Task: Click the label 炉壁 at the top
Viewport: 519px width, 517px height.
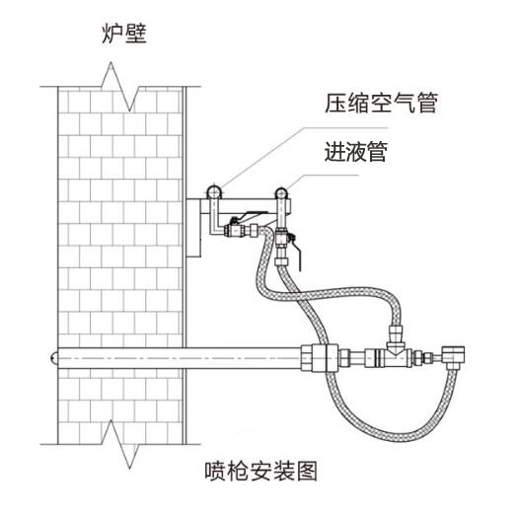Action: pos(124,37)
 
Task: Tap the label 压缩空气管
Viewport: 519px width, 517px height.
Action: pos(380,103)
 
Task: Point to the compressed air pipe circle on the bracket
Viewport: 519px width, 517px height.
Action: pos(214,188)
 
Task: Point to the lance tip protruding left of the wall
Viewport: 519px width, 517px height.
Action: pos(51,354)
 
